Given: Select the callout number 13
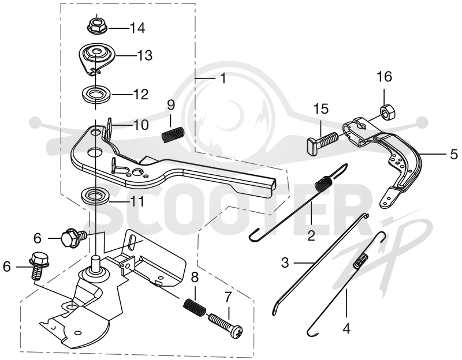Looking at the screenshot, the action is (x=144, y=55).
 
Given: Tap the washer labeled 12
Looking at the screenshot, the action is (x=96, y=95).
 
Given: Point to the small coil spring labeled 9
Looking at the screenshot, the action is (x=173, y=134).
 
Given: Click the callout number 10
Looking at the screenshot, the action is (x=141, y=125).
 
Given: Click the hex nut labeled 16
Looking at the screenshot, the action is (x=389, y=111).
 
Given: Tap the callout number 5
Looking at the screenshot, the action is (x=454, y=154).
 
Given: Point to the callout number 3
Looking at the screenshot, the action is (x=285, y=262).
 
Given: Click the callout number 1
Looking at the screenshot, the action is (x=223, y=78).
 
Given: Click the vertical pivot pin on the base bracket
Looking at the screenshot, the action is (x=96, y=264).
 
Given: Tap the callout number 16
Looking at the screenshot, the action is (x=385, y=77).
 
